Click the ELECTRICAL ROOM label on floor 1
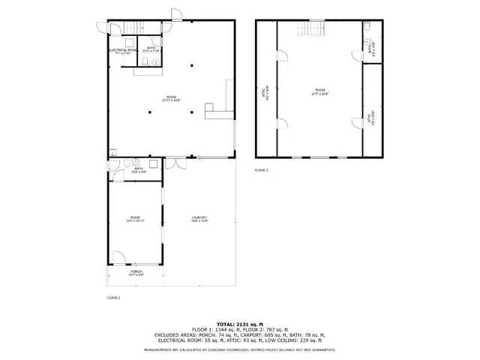point(123,49)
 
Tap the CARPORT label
point(199,218)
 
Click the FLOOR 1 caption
point(112,298)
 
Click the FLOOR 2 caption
point(261,170)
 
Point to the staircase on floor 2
point(310,29)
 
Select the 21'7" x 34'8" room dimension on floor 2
point(320,94)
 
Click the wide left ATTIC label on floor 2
point(264,93)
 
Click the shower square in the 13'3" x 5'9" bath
point(153,163)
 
